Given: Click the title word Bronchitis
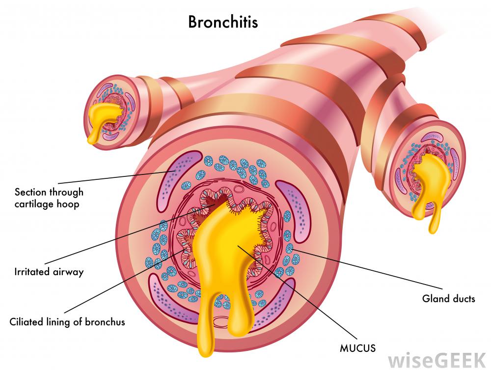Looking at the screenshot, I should pos(223,22).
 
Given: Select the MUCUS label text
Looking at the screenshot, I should pos(357,348).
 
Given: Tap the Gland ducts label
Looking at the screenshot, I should pos(449,298).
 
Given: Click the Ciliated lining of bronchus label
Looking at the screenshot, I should pos(67,322).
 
